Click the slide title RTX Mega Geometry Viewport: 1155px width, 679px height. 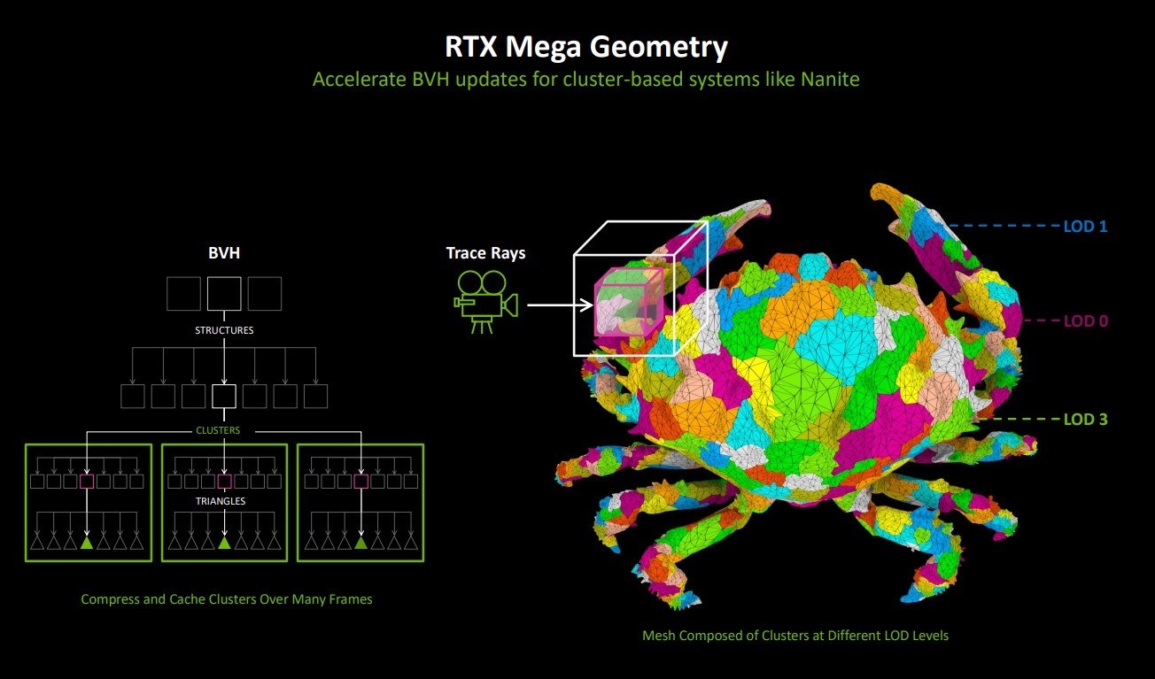coord(586,47)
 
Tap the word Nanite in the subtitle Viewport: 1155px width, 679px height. coord(830,80)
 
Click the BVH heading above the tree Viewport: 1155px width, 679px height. coord(224,252)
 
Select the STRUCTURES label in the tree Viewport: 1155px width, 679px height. coord(224,330)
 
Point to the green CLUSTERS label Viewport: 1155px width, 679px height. coord(218,430)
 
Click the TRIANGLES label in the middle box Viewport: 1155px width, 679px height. coord(221,501)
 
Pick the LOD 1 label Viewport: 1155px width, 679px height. coord(1085,226)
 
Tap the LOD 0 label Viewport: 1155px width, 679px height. coord(1086,321)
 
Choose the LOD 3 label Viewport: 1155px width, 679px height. coord(1086,420)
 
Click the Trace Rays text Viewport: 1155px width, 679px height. coord(485,253)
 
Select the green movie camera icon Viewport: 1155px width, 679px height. coord(485,303)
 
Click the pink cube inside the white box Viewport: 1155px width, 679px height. coord(629,302)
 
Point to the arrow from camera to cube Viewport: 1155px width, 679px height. coord(560,305)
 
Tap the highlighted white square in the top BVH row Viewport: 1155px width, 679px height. coord(224,294)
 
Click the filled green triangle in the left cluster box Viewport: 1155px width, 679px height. coord(87,543)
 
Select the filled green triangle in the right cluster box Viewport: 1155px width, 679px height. coord(361,543)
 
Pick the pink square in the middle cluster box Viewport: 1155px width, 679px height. coord(224,482)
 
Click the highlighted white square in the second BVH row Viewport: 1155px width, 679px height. coord(224,397)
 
